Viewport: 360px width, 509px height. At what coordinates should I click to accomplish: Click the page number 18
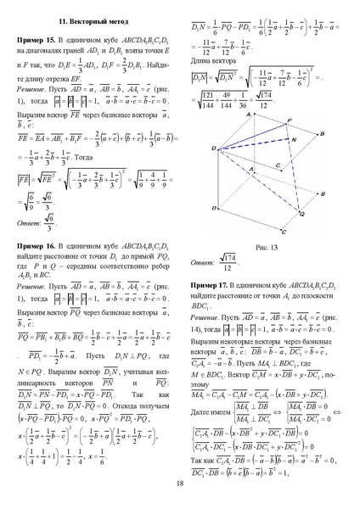180,484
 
